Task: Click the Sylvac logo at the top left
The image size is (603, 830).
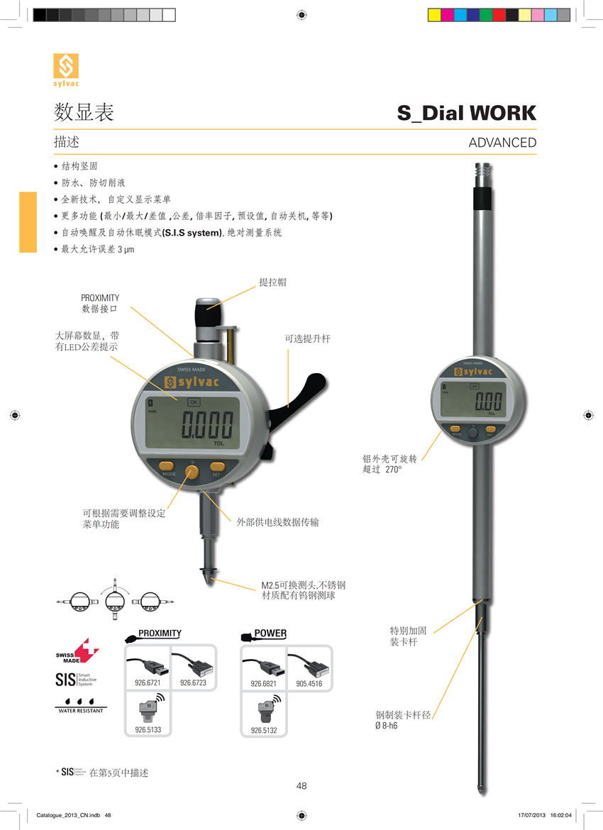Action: [x=66, y=70]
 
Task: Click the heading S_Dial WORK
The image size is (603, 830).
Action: [x=466, y=113]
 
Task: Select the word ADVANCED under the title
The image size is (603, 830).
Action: [x=502, y=143]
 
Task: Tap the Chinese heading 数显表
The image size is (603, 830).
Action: [x=84, y=113]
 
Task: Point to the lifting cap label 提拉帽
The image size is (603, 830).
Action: [x=273, y=282]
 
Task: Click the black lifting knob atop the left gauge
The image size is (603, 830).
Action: [x=208, y=311]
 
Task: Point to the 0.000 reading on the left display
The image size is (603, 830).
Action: [x=207, y=426]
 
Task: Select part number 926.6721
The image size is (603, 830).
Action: [x=148, y=683]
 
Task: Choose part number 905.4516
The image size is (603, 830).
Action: [x=309, y=684]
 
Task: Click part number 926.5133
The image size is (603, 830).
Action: [x=148, y=729]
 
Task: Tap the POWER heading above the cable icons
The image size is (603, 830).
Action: [x=270, y=633]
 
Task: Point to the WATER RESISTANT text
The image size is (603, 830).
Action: [x=80, y=710]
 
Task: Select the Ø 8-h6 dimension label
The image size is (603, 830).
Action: [x=386, y=726]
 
